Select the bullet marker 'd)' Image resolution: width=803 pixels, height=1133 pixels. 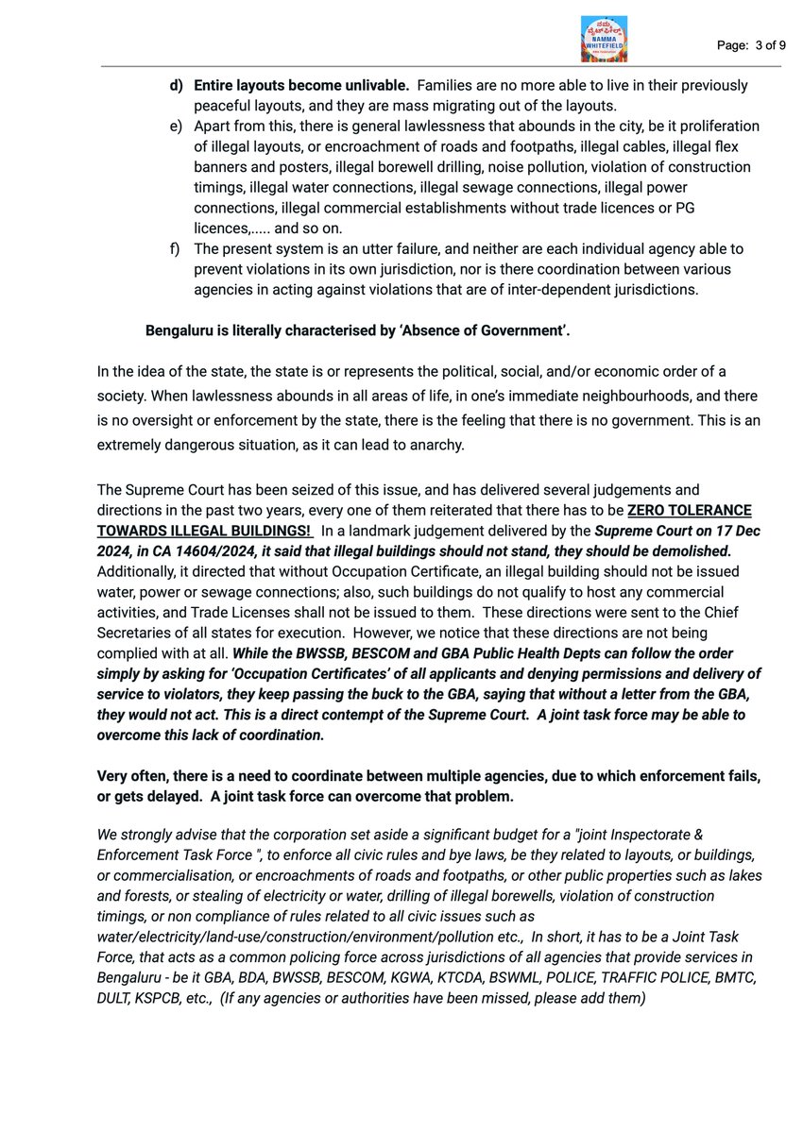177,85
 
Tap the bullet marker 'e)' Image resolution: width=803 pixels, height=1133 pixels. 177,127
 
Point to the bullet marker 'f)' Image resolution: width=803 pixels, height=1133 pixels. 176,248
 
